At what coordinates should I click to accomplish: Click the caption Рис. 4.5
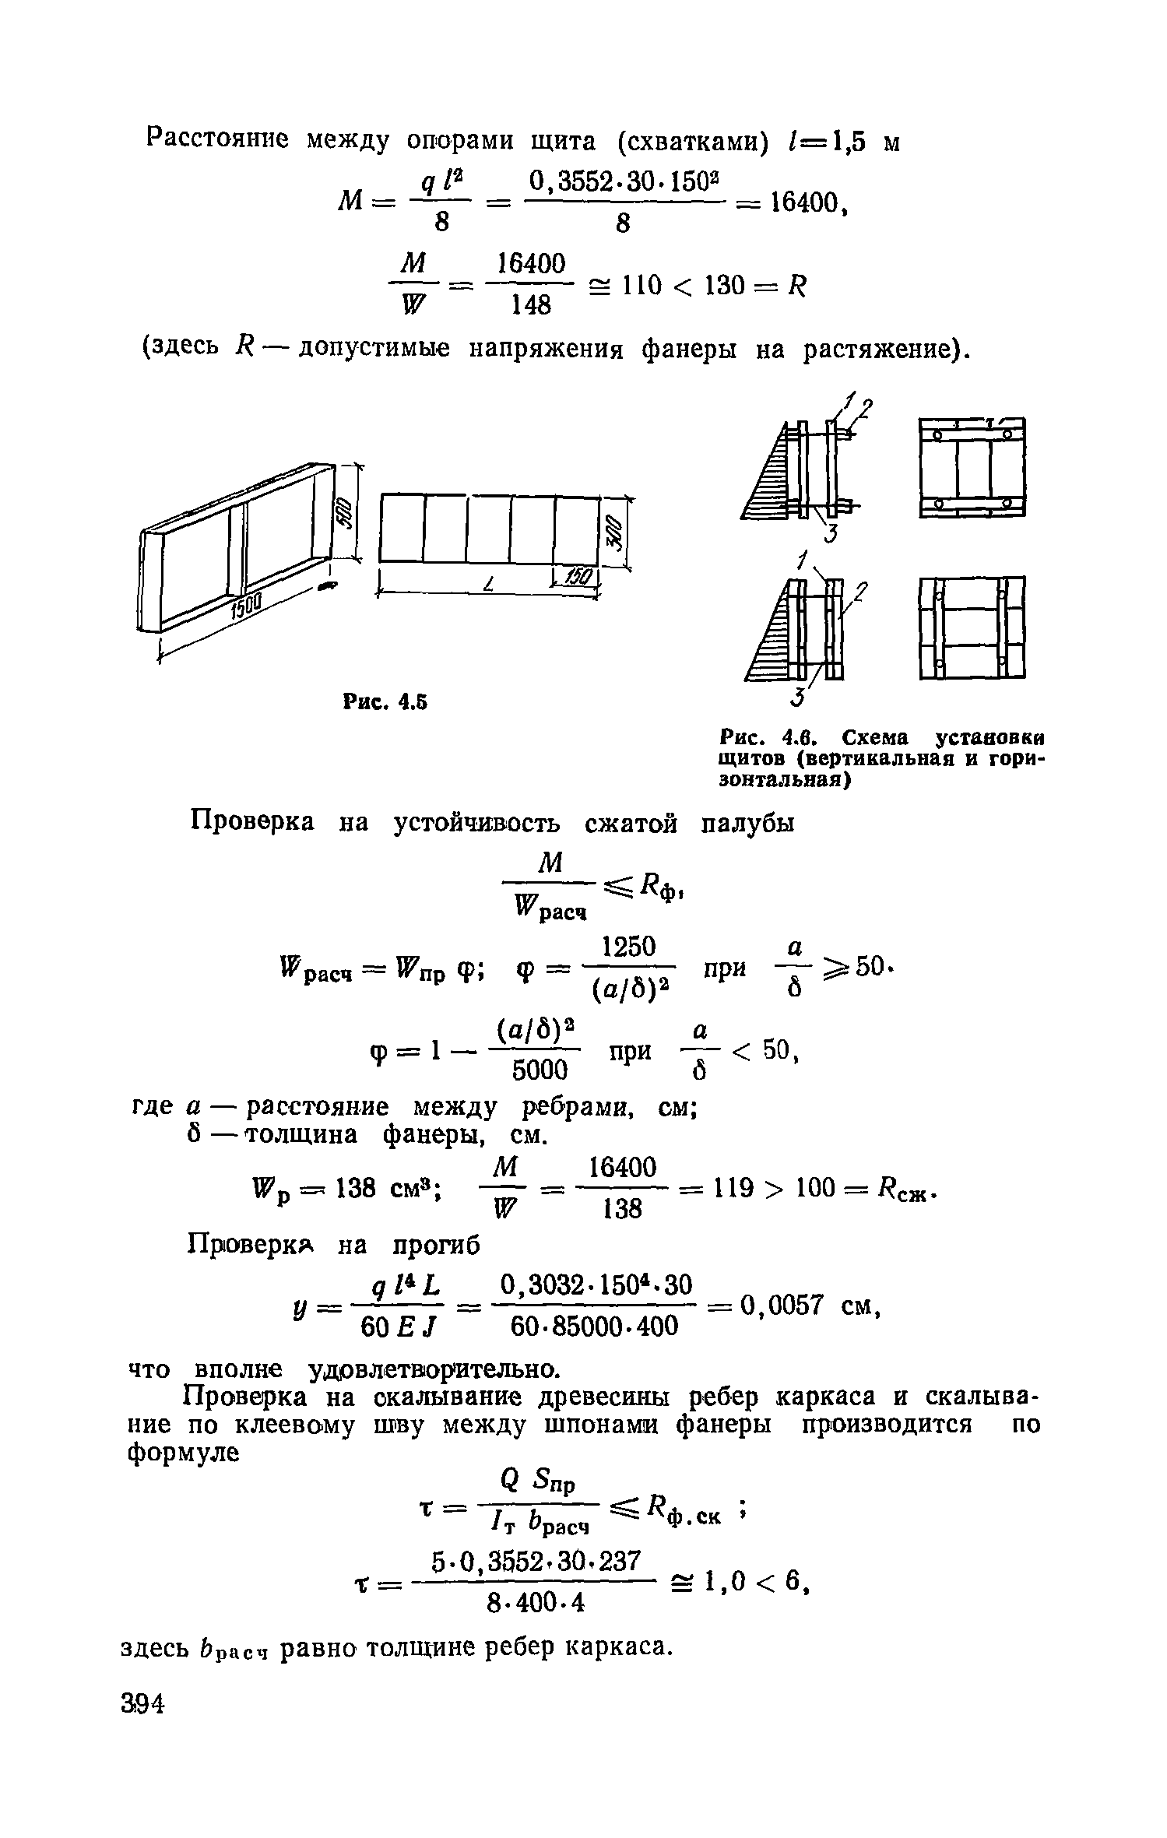(385, 702)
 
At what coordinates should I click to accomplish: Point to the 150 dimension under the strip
(578, 577)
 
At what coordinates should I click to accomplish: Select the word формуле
(181, 1453)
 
